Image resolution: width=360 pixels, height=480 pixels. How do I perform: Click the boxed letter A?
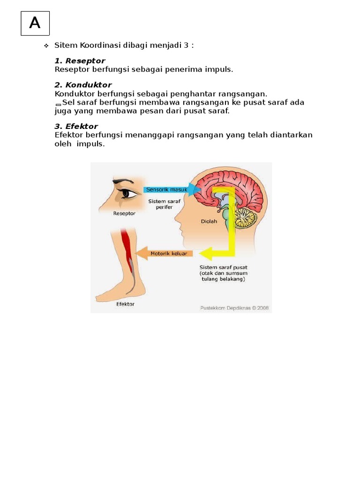pos(35,23)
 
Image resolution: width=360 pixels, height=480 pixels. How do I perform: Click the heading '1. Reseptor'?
pos(80,61)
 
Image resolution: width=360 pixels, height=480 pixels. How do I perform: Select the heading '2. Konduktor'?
pos(83,85)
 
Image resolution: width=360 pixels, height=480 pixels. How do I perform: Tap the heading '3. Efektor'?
pos(76,127)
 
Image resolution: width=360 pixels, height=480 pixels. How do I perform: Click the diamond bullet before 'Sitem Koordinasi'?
pos(46,46)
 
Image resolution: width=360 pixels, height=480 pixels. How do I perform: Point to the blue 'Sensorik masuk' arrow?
pos(171,190)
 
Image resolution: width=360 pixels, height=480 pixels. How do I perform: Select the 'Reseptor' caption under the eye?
pos(124,213)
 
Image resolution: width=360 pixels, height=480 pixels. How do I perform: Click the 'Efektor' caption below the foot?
pos(125,304)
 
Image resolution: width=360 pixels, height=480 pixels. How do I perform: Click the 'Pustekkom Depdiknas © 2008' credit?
pos(234,308)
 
